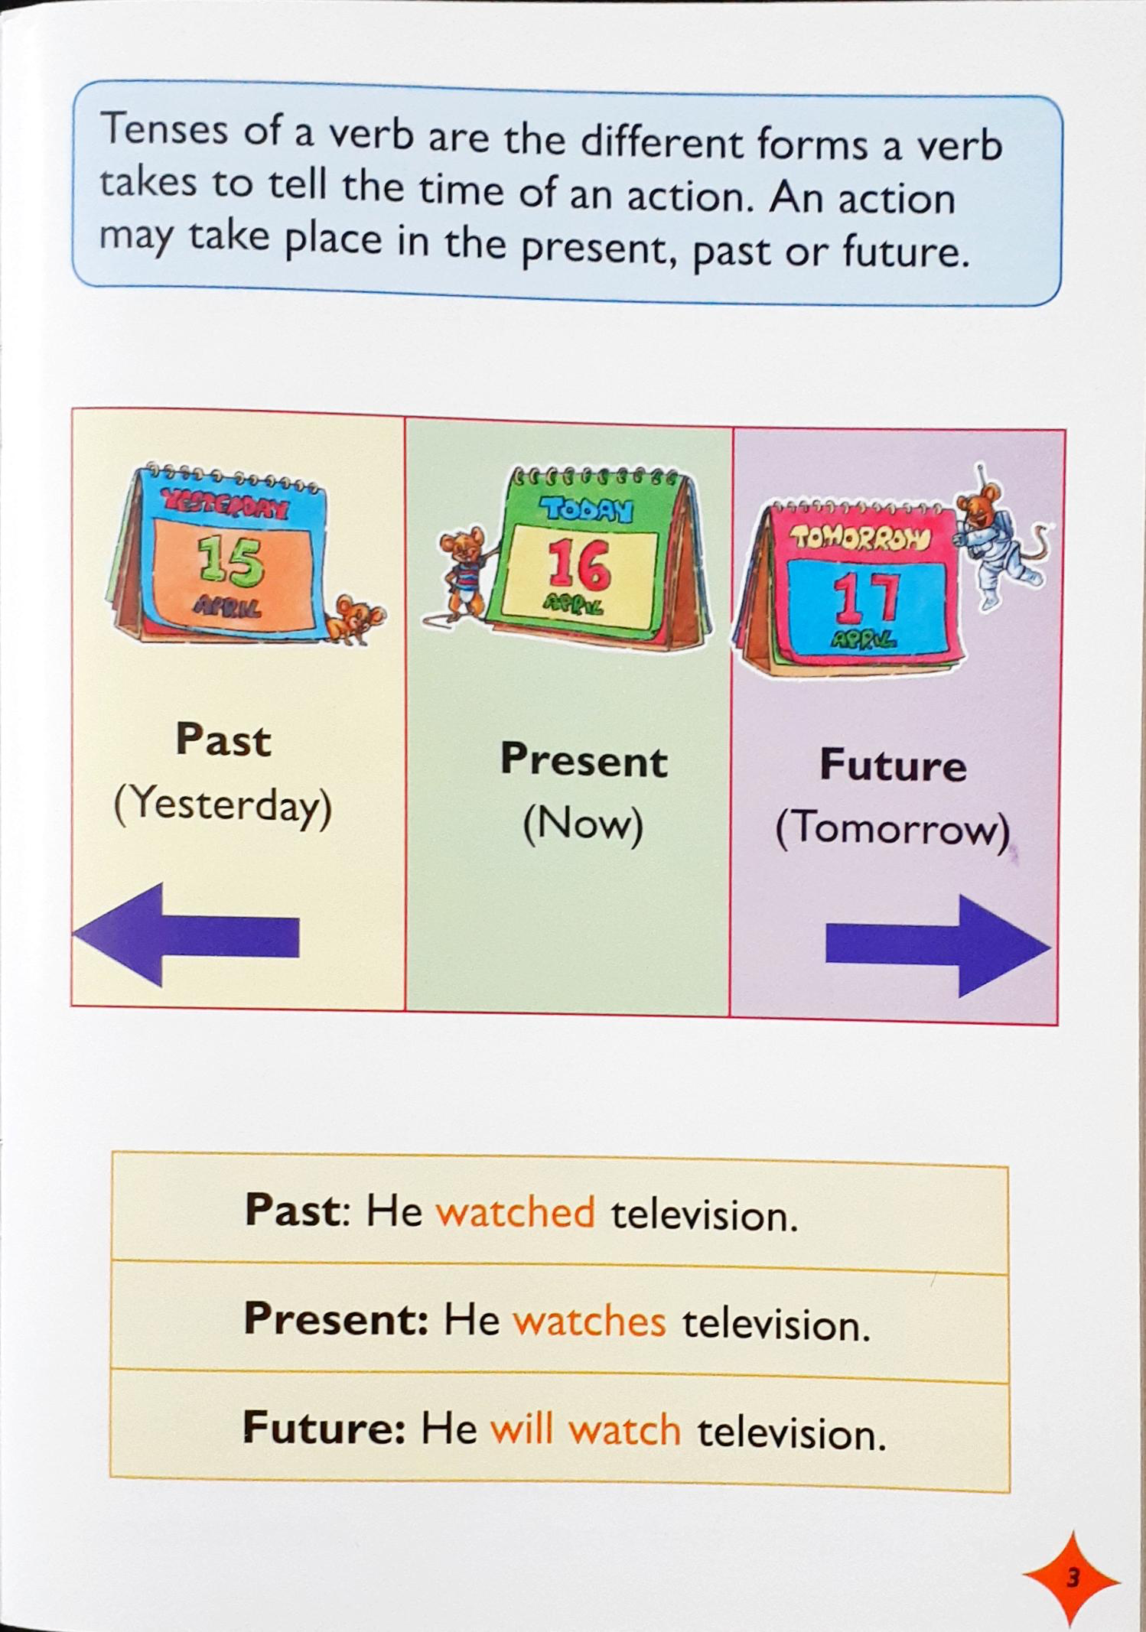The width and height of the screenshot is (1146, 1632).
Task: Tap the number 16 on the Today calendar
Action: [x=578, y=566]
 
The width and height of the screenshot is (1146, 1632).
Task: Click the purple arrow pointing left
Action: [x=186, y=935]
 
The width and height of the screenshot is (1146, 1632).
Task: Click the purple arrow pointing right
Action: [x=939, y=946]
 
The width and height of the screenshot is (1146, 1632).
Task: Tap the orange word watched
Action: [x=515, y=1212]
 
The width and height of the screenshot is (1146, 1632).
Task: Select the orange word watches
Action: [x=589, y=1321]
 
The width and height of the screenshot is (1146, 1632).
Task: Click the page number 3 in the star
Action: [x=1072, y=1578]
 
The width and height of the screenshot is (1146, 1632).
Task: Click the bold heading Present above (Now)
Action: [x=584, y=760]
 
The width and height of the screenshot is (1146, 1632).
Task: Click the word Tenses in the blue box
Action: [x=164, y=128]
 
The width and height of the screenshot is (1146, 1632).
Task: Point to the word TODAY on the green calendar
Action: [x=587, y=509]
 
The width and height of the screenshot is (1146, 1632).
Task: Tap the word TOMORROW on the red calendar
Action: [x=861, y=538]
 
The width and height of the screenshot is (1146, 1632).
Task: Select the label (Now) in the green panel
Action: [x=583, y=824]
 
